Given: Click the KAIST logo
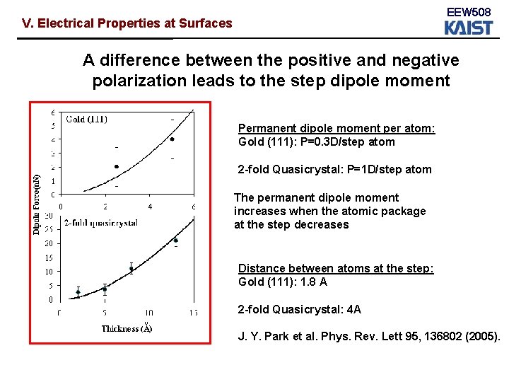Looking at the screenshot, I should point(467,28).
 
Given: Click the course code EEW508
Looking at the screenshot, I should point(467,12).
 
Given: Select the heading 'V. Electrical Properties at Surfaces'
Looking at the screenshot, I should point(127,23).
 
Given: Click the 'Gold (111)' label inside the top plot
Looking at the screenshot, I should point(87,119).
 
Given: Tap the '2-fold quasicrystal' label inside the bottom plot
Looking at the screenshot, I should point(100,223).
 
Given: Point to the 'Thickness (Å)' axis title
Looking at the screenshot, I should point(127,328).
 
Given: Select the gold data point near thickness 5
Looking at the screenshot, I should point(172,139).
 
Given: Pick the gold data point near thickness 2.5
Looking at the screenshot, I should point(117,167).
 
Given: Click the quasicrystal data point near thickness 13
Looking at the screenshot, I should point(175,241).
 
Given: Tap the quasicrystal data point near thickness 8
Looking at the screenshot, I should point(131,269).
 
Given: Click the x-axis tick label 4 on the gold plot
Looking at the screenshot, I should point(149,207).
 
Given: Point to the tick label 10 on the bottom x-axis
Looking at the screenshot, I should point(149,312).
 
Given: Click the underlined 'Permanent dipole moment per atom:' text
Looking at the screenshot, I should point(337,129).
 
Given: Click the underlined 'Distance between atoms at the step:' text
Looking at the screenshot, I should point(336,269).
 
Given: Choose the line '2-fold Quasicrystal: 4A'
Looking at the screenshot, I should point(300,309).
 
